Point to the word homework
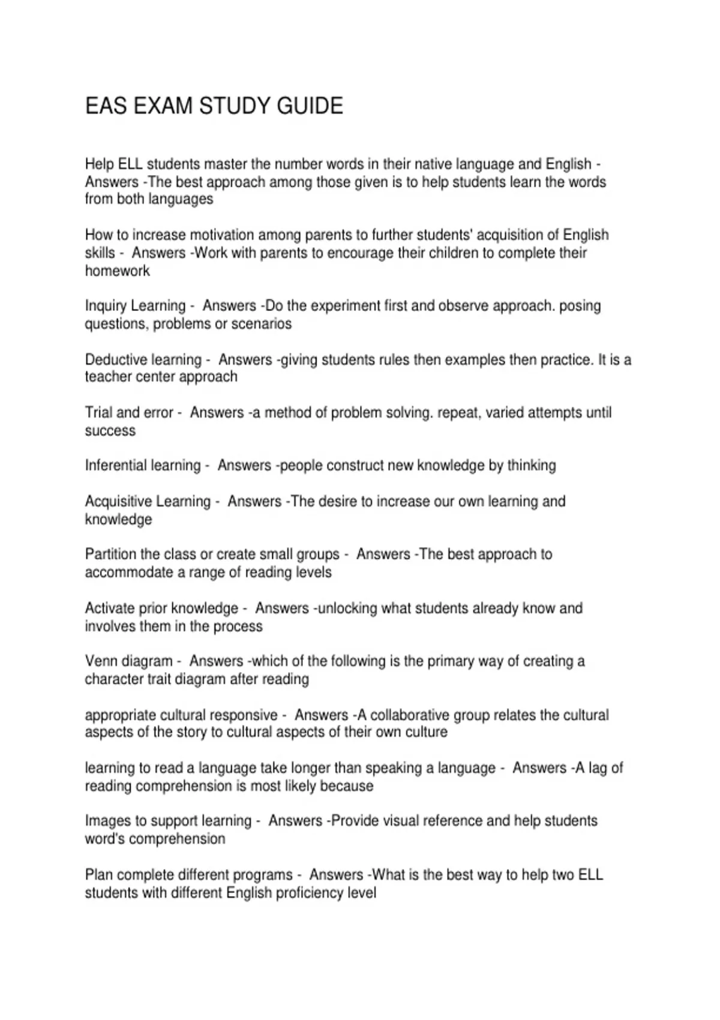pos(118,271)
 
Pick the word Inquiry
pos(106,306)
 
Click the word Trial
pos(98,413)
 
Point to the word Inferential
pos(113,466)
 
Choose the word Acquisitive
pos(115,501)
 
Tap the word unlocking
pos(347,608)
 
